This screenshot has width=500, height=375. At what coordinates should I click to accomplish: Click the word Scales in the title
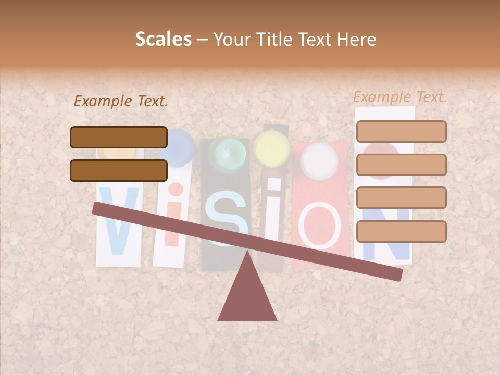pyautogui.click(x=163, y=39)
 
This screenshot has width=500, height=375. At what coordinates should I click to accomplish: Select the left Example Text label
pyautogui.click(x=121, y=102)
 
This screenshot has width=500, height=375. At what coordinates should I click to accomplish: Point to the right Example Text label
pyautogui.click(x=400, y=97)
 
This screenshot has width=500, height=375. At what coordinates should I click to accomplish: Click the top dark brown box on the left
pyautogui.click(x=119, y=137)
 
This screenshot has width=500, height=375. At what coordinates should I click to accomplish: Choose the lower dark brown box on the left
pyautogui.click(x=119, y=170)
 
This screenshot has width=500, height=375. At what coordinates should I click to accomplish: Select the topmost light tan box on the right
pyautogui.click(x=401, y=131)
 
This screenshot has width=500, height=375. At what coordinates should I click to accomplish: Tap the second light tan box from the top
pyautogui.click(x=401, y=165)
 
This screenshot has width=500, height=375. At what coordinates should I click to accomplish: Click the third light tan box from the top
pyautogui.click(x=401, y=198)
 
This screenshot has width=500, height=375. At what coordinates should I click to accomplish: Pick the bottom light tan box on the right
pyautogui.click(x=401, y=231)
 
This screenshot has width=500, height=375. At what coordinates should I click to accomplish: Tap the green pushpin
pyautogui.click(x=227, y=152)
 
